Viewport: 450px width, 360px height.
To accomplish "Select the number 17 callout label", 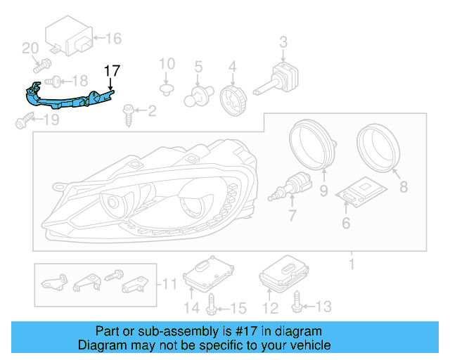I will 112,70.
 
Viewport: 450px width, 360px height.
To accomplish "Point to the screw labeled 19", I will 22,124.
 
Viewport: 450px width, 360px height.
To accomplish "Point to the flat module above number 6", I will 359,192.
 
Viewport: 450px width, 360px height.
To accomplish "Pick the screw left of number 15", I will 212,304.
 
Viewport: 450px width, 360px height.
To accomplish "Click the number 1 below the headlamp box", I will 351,266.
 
